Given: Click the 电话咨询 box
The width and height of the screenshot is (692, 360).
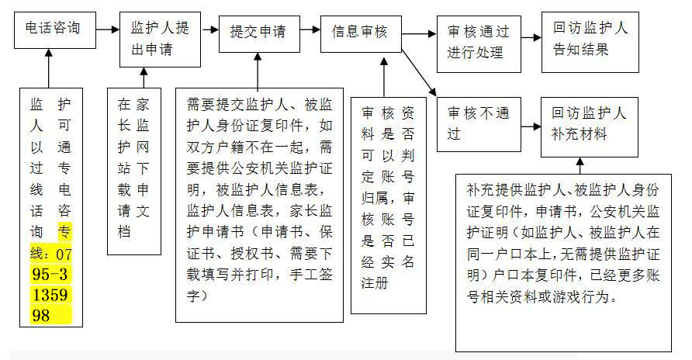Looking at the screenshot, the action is [x=55, y=30].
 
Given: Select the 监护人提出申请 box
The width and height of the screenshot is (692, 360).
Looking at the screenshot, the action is [x=161, y=40].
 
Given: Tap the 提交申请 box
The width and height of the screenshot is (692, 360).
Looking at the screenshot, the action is [x=259, y=34].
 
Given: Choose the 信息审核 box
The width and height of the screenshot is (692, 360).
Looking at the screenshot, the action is [x=361, y=34].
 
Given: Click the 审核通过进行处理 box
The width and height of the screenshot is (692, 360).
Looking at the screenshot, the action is [x=479, y=44].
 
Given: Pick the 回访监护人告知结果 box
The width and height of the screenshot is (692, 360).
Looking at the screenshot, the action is [x=590, y=43].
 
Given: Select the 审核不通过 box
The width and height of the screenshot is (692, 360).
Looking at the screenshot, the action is [x=479, y=124].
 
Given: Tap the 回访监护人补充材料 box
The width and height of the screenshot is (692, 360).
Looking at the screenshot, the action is [x=590, y=127].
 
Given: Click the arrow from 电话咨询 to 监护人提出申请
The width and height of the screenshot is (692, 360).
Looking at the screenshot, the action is [x=108, y=29].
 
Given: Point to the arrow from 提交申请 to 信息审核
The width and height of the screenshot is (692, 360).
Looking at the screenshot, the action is [x=310, y=29].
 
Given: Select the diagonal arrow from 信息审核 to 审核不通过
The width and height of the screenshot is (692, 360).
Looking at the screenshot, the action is [x=419, y=73].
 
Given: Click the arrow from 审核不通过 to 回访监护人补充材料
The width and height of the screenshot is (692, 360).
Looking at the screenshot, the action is [x=531, y=126].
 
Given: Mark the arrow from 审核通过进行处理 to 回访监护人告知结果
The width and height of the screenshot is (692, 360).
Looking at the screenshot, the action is [x=531, y=37].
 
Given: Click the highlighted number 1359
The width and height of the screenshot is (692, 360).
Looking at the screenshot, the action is [x=50, y=295].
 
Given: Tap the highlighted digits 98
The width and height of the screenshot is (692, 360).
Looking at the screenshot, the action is [x=41, y=316].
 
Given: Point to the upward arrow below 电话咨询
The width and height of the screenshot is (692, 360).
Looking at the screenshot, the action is [x=49, y=68].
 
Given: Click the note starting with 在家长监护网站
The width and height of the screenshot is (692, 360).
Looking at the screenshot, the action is [x=134, y=171].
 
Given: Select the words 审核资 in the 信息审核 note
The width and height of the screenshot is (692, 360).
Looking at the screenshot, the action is [x=388, y=113].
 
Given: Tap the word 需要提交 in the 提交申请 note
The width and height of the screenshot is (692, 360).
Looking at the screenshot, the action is [x=216, y=105].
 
